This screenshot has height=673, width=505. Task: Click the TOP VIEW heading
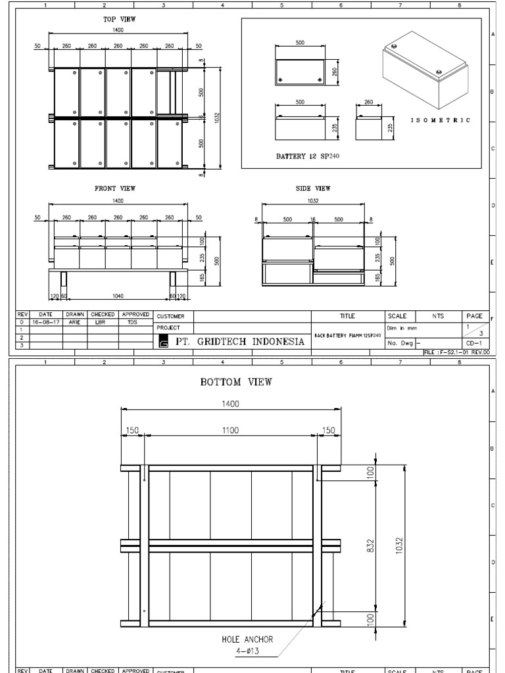[x=119, y=20]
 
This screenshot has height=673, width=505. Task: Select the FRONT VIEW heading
[x=114, y=189]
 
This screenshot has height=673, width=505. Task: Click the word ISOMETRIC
[x=441, y=120]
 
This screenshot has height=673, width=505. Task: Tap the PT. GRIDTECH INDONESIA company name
[x=239, y=342]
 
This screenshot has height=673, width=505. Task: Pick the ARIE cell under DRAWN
[x=74, y=323]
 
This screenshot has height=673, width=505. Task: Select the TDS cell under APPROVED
[x=133, y=323]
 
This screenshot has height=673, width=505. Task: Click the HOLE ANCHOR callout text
[x=247, y=639]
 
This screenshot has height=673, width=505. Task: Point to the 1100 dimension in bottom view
[x=230, y=430]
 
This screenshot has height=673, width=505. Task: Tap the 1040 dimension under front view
[x=118, y=296]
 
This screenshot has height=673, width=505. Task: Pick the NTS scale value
[x=438, y=316]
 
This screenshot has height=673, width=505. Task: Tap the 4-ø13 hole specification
[x=247, y=651]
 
